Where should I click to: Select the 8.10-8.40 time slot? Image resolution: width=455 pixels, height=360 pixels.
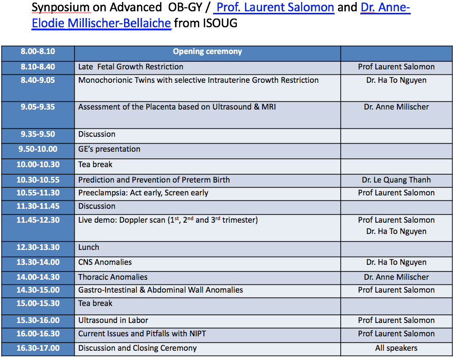coord(38,67)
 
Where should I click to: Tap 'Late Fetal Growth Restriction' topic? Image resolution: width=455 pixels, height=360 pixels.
coord(131,67)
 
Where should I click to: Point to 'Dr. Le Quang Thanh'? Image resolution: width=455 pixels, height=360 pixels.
coord(396,180)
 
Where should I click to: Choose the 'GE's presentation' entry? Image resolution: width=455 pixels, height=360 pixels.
coord(109,149)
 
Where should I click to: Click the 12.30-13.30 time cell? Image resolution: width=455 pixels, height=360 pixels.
coord(38,247)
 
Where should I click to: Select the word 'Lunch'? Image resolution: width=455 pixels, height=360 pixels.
coord(89,247)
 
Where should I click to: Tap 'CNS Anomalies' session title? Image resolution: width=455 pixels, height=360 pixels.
coord(105,262)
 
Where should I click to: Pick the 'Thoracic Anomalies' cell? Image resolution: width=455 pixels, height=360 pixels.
coord(113,277)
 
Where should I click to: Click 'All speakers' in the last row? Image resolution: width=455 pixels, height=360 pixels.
coord(396,348)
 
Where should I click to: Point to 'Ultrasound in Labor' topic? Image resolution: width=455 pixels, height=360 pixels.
coord(113,320)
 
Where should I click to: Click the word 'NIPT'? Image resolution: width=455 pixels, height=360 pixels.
coord(198,334)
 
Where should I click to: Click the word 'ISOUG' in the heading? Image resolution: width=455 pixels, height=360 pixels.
coord(220,23)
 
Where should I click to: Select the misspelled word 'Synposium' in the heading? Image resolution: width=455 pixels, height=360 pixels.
coord(61,8)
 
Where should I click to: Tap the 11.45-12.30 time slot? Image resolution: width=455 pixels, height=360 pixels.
coord(38,220)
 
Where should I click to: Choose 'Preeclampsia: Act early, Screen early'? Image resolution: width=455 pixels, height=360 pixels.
coord(143,193)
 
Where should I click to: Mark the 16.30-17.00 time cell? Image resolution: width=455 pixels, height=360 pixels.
coord(38,348)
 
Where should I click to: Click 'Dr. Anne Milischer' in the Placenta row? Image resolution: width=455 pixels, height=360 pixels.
coord(396,107)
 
